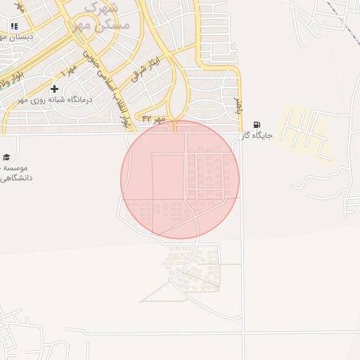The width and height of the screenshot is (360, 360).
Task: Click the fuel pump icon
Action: tap(255, 124)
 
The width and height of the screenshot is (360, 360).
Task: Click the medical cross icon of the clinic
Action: tap(54, 89)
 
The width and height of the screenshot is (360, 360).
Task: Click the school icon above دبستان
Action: tap(14, 26)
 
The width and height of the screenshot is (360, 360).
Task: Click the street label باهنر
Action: tap(238, 108)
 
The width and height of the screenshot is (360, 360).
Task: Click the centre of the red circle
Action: tap(180, 179)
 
